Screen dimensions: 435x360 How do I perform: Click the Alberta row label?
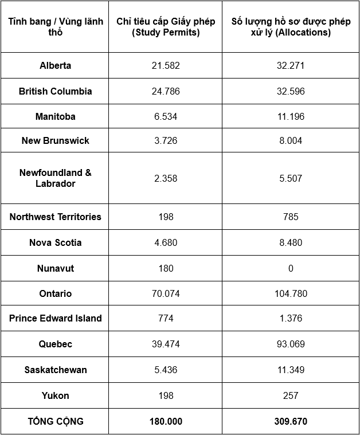click(56, 65)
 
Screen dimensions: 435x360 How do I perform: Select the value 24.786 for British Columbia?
click(166, 91)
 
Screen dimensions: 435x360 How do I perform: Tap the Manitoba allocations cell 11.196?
click(291, 116)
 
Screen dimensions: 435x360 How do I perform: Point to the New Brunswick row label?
click(56, 140)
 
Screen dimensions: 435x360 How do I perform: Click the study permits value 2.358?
click(166, 178)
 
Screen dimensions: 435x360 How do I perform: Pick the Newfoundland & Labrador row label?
click(56, 178)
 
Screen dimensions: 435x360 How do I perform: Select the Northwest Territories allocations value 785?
click(291, 217)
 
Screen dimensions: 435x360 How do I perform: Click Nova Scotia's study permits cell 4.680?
click(166, 242)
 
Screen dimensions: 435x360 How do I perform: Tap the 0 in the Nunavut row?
click(291, 268)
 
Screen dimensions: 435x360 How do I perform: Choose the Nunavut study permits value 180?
click(166, 268)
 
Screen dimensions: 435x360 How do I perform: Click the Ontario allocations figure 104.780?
click(291, 293)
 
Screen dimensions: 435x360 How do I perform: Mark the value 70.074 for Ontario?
click(166, 293)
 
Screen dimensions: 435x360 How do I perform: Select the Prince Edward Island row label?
click(56, 318)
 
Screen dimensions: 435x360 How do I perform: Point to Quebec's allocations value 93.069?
click(291, 344)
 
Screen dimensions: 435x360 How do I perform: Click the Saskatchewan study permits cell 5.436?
click(166, 370)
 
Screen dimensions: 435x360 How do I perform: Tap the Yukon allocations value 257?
click(291, 395)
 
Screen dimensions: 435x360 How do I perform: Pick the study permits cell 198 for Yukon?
click(166, 395)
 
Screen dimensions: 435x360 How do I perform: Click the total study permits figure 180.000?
click(166, 421)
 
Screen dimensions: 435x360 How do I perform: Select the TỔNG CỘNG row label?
click(56, 421)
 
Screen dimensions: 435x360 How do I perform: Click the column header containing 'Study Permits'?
click(166, 27)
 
